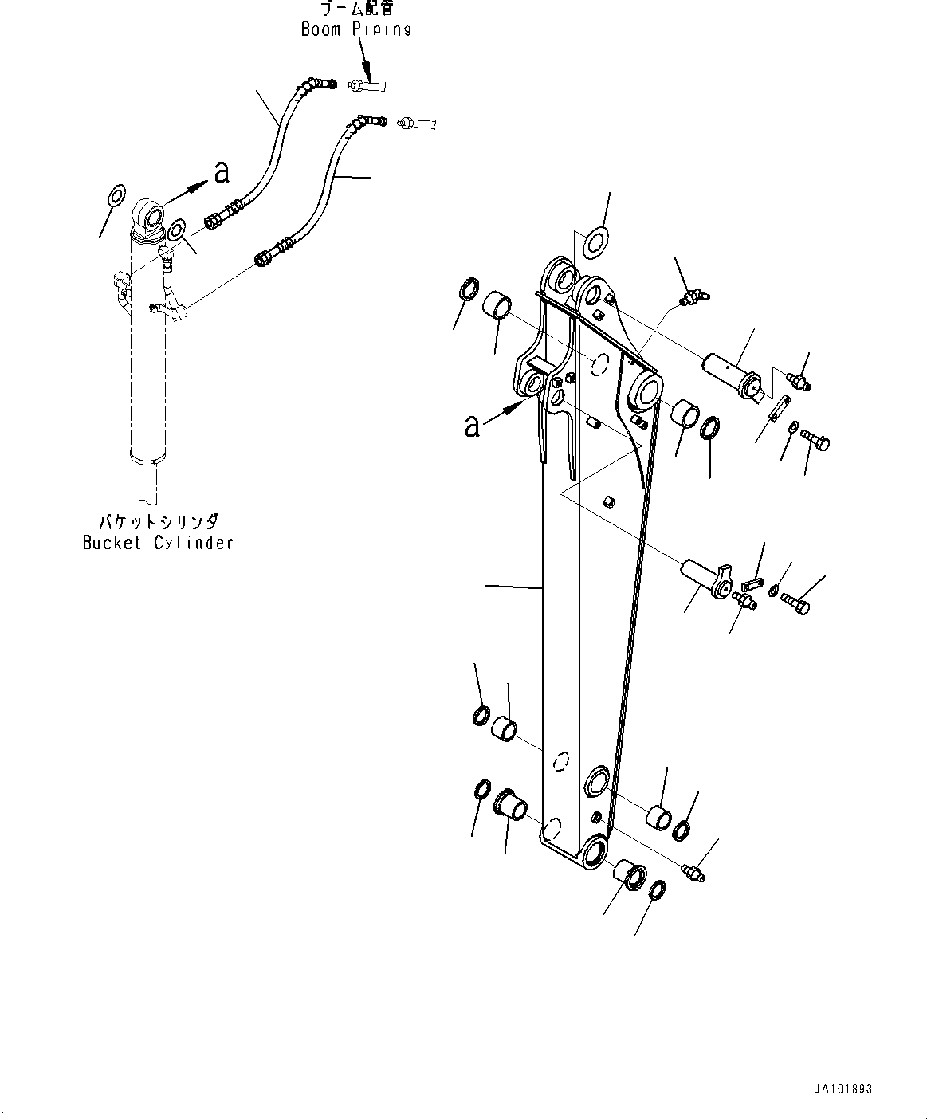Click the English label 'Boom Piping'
point(356,29)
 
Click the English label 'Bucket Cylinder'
point(158,543)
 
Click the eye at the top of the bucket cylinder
point(149,214)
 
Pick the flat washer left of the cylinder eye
point(116,195)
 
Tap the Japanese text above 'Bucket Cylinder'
point(157,522)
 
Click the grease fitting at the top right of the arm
point(694,299)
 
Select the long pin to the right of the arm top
point(732,375)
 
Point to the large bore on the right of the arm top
point(646,391)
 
